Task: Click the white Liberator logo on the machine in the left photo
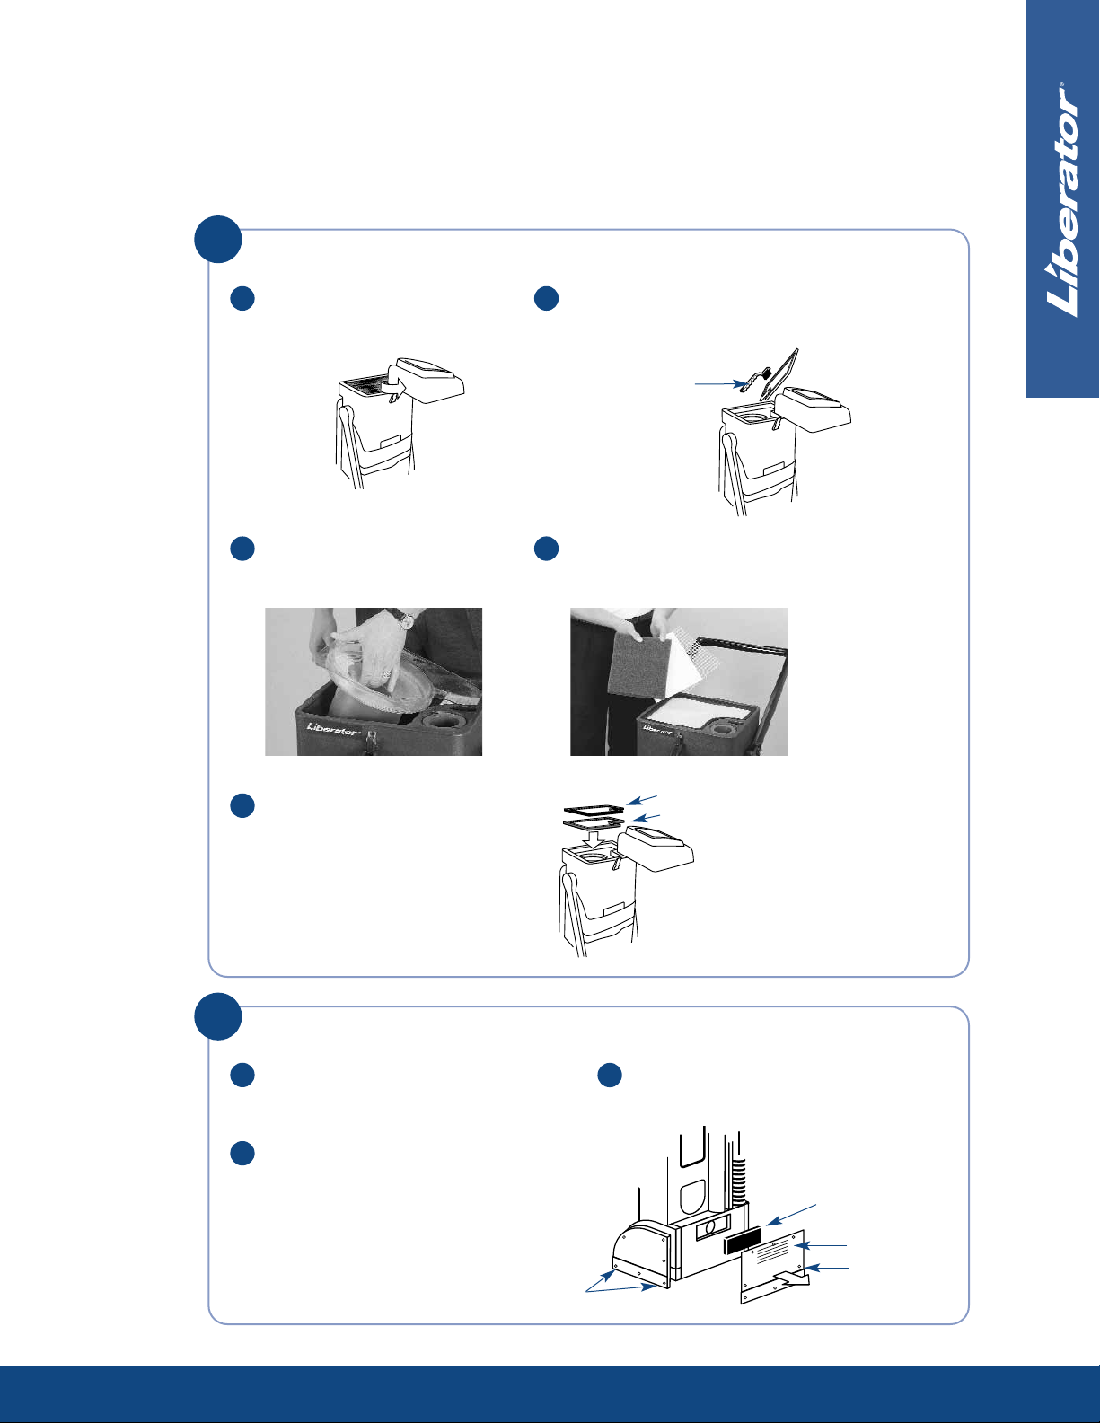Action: (x=332, y=728)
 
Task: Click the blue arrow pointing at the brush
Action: (x=719, y=383)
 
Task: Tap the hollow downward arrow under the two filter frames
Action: (x=594, y=839)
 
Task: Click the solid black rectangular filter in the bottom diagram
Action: (x=743, y=1240)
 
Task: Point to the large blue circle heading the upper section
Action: (x=218, y=239)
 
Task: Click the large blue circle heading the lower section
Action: (x=218, y=1015)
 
